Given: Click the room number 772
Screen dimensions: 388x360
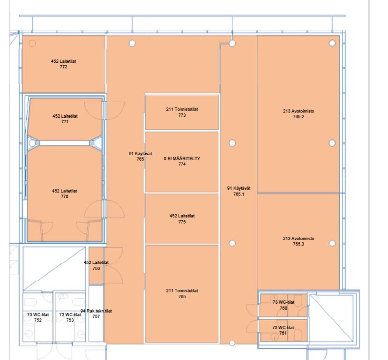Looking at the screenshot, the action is [x=63, y=67].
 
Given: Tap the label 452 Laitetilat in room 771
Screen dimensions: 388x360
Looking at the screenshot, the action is [x=65, y=116].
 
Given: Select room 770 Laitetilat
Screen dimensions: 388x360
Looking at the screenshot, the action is [x=64, y=193].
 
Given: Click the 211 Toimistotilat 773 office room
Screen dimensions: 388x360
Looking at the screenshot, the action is [x=182, y=112].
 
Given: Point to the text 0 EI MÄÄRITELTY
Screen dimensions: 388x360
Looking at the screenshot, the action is [x=182, y=158].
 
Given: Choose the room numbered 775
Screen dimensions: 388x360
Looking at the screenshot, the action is [x=182, y=219].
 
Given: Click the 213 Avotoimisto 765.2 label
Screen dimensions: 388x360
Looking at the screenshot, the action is [x=298, y=114].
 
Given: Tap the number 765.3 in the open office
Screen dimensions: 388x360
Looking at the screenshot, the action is [x=298, y=244].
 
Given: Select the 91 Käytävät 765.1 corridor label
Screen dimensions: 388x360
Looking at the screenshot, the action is [x=239, y=191].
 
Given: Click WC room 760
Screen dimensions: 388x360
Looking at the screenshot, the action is [x=284, y=305].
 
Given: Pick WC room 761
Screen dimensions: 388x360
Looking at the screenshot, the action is [x=284, y=330].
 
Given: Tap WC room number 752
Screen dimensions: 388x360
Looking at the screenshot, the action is [x=38, y=320].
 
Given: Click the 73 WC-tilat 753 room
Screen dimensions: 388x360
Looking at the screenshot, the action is [x=70, y=317].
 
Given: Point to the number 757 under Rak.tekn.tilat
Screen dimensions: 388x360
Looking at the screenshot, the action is [x=96, y=316].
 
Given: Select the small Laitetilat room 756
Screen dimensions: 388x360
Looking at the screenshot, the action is [x=96, y=265].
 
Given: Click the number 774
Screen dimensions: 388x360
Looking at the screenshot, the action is [x=182, y=164].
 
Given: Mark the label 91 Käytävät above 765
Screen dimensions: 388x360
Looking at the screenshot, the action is [x=140, y=153].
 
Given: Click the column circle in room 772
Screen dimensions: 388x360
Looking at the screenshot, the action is [x=32, y=43].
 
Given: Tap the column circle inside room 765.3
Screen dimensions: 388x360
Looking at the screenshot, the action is [x=332, y=243].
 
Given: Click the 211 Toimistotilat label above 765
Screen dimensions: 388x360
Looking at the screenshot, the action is [x=182, y=291].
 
